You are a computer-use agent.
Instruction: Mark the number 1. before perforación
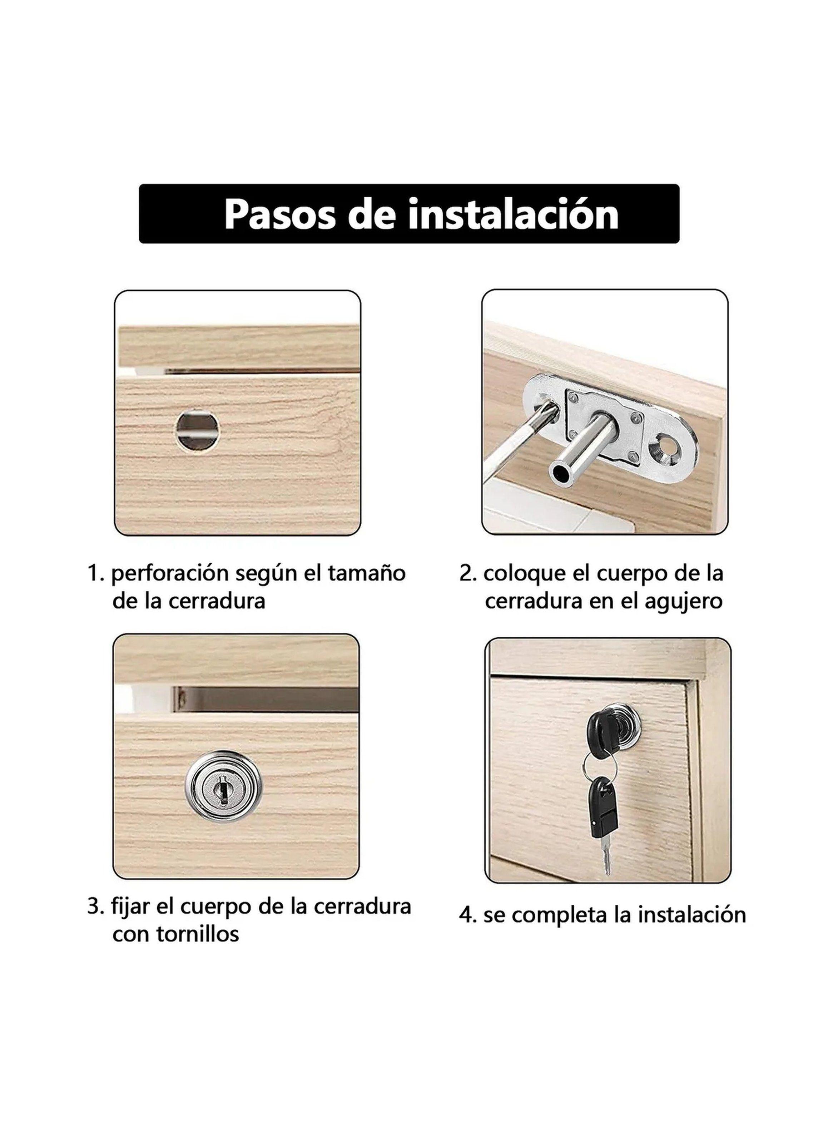[95, 573]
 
